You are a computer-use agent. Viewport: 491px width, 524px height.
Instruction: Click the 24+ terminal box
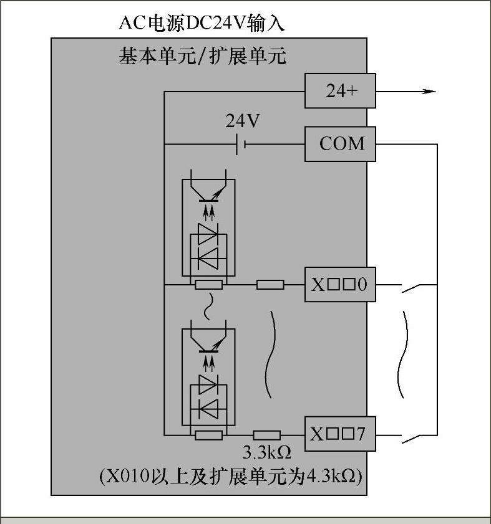(340, 90)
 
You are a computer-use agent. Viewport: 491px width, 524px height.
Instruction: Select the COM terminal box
(340, 144)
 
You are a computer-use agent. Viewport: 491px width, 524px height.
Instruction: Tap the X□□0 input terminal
(340, 285)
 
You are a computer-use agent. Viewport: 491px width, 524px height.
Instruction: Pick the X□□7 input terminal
(340, 434)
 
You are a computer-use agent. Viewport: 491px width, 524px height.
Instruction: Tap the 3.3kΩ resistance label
(266, 452)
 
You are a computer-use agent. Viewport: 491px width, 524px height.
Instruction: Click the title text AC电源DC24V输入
(202, 23)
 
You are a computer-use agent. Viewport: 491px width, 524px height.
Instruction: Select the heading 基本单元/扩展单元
(202, 57)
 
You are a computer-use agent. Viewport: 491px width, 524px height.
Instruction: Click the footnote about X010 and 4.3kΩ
(231, 477)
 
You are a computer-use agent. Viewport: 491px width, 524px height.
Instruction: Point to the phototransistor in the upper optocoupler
(208, 192)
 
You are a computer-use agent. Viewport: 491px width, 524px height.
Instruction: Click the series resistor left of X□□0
(270, 285)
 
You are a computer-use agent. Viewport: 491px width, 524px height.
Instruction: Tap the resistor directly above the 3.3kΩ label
(266, 435)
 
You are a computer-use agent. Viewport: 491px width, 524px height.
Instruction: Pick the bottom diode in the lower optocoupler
(208, 407)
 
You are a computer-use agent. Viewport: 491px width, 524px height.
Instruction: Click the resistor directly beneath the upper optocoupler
(208, 285)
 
